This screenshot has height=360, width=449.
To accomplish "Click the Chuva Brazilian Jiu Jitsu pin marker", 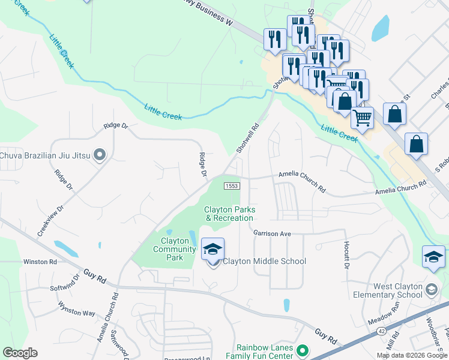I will pos(100,155).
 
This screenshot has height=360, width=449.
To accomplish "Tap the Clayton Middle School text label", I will pos(264,261).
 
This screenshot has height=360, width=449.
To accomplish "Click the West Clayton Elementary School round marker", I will pos(431,290).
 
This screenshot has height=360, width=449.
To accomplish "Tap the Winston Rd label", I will pos(40,262).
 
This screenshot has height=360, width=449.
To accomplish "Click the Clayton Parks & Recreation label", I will pos(230,214).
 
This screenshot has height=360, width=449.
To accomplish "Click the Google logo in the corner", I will pos(20,353).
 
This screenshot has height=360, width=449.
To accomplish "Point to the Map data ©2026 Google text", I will pos(411,355).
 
